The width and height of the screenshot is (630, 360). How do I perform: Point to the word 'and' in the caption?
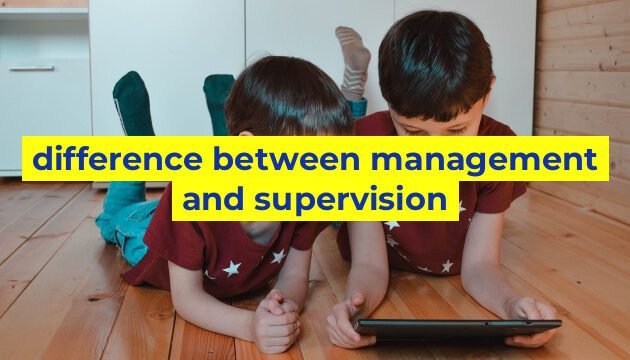pos(213,200)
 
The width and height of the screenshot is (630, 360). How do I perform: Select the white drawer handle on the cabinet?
pos(32,69)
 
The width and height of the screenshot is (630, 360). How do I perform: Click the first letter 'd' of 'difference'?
pos(40,158)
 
